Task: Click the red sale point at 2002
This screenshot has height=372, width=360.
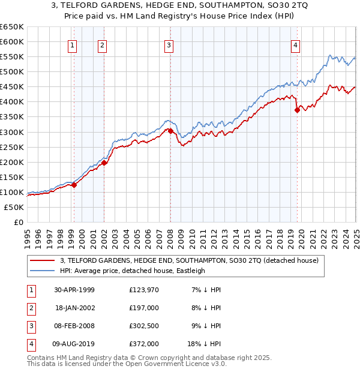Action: click(104, 162)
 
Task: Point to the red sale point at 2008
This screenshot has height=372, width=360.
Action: click(170, 131)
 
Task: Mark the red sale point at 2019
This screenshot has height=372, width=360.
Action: click(297, 110)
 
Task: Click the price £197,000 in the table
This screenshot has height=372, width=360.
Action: click(144, 308)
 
